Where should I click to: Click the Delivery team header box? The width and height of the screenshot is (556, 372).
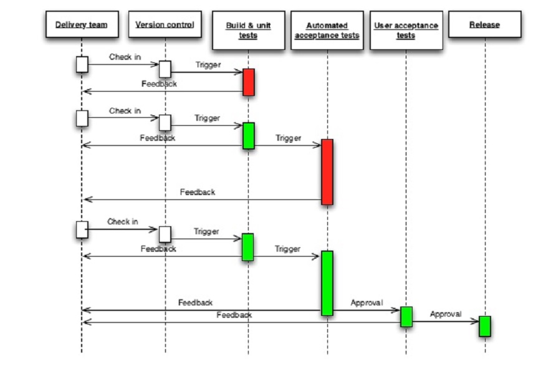click(x=81, y=24)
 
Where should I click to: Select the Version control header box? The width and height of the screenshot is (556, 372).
click(x=165, y=24)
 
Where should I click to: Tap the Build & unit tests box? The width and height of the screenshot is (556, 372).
click(x=248, y=30)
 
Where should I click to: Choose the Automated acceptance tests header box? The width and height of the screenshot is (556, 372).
click(x=327, y=30)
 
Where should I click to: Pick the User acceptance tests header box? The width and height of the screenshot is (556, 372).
click(x=406, y=30)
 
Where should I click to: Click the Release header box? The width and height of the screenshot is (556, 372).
click(x=484, y=24)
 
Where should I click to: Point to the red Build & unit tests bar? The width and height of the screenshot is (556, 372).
click(x=248, y=82)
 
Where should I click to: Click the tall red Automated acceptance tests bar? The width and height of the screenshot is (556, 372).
click(x=327, y=171)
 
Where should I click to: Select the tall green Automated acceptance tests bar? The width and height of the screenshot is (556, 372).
click(x=327, y=283)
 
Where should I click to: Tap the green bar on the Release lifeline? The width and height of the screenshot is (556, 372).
click(x=484, y=326)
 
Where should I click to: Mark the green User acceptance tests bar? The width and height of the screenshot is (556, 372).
click(x=406, y=317)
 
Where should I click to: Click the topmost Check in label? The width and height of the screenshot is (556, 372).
click(x=125, y=57)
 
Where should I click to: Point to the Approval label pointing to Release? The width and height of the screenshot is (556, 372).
click(x=446, y=314)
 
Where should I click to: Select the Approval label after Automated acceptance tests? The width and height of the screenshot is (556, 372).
click(x=367, y=303)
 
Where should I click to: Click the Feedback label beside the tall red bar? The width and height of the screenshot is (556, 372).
click(x=198, y=192)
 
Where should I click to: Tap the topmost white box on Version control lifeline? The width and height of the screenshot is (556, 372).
click(x=165, y=69)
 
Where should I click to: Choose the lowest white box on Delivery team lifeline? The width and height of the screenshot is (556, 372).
click(x=82, y=229)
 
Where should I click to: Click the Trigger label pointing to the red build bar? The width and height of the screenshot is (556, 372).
click(x=208, y=65)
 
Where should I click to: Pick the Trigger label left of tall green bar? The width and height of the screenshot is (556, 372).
click(x=287, y=249)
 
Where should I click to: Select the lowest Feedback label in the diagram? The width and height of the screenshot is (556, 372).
click(x=234, y=315)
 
